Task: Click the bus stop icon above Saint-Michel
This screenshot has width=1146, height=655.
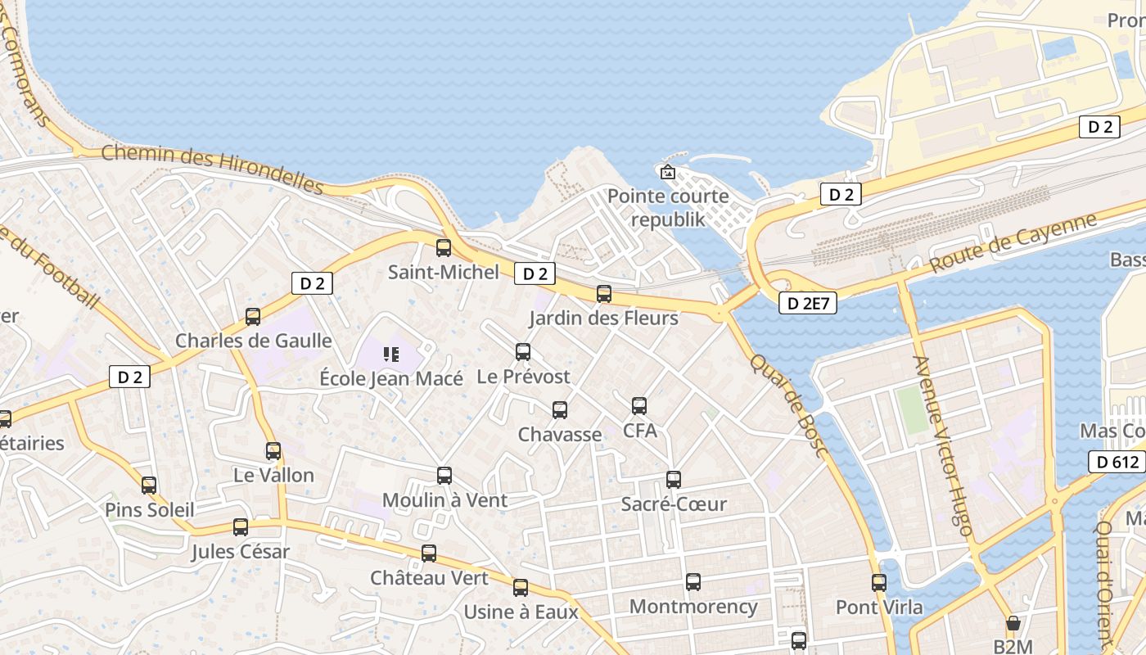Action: [444, 247]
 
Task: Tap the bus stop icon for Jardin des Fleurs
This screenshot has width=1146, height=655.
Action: [604, 293]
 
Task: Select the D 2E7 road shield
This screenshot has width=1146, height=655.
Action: [807, 303]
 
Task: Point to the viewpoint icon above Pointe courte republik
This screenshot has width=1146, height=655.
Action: [668, 172]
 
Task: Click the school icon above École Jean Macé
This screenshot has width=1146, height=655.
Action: [390, 355]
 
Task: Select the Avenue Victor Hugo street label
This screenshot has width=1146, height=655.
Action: [942, 445]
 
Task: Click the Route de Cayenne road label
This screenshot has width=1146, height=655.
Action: [1013, 242]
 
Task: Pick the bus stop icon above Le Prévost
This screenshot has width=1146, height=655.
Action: [523, 352]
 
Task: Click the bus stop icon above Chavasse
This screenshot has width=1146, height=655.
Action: [560, 410]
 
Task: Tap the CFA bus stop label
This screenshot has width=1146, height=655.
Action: [640, 430]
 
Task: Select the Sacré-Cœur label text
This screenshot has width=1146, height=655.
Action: [674, 504]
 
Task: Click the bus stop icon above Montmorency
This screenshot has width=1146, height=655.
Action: [693, 582]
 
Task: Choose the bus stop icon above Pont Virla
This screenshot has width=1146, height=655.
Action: [879, 583]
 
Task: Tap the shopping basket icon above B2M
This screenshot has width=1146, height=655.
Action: [1013, 624]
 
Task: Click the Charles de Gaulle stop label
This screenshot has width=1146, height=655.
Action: [254, 341]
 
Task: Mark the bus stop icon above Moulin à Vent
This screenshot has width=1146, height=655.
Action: [444, 476]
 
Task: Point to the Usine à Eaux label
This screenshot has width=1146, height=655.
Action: [521, 612]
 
